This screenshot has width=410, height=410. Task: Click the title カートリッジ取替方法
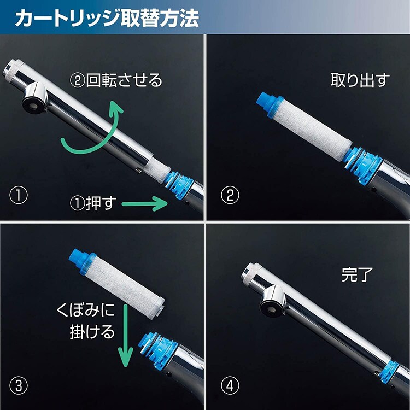point(107,18)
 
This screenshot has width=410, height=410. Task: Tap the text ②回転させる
point(116,80)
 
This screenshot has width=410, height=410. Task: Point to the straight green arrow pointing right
point(145,205)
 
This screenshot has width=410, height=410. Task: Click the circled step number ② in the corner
point(228,195)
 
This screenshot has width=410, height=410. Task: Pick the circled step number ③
point(19,385)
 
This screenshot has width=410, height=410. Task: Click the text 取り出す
point(360,80)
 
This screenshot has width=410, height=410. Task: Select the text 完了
point(356,274)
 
